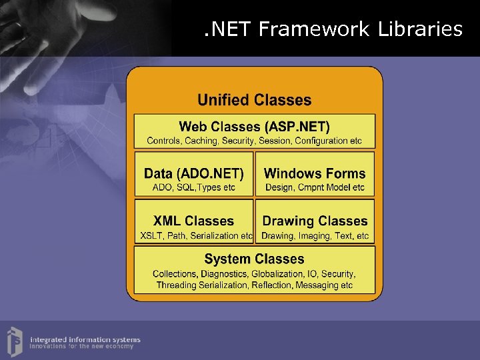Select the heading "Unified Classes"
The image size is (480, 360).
point(254,100)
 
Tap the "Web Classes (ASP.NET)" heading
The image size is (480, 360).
point(254,126)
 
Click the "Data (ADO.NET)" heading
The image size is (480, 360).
point(194,173)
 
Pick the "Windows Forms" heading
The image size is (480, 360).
point(315,173)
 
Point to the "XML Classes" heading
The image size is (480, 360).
point(194,221)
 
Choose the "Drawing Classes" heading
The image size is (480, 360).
point(315,221)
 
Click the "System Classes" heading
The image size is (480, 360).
point(254,259)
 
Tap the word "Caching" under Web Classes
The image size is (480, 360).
point(200,141)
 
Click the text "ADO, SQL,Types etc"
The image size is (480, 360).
point(194,187)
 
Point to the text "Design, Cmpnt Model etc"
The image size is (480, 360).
point(315,187)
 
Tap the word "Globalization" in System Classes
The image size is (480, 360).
point(278,274)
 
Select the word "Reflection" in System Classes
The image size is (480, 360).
point(271,285)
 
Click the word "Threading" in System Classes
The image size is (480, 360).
point(176,285)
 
